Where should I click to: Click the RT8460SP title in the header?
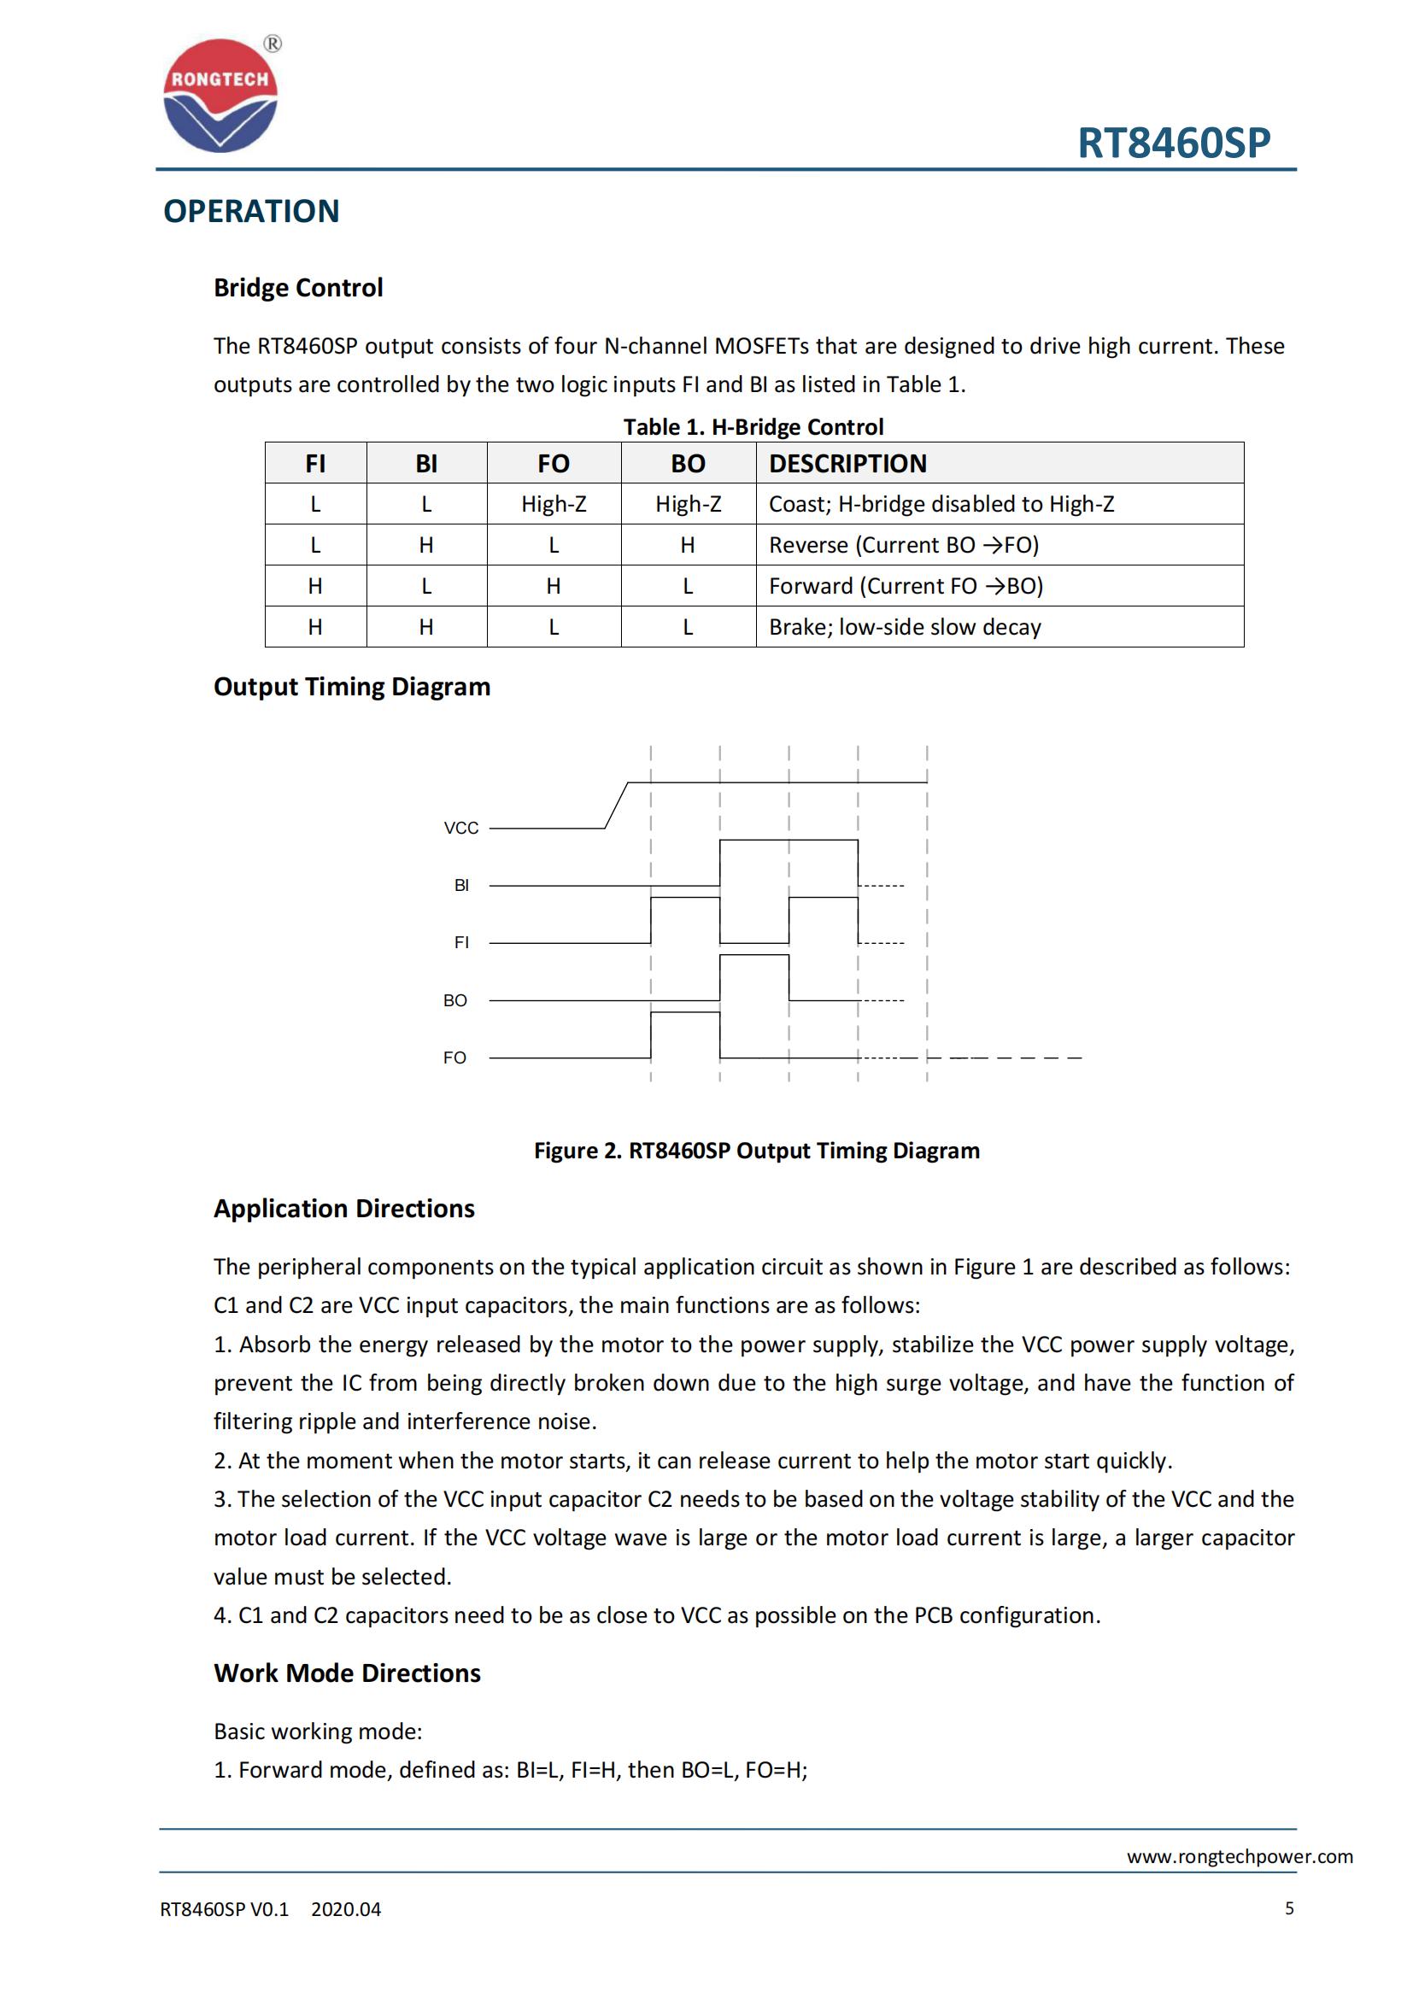tap(1173, 143)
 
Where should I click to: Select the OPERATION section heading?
tap(251, 212)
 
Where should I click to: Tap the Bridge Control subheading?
tap(297, 288)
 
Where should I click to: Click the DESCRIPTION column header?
tap(847, 464)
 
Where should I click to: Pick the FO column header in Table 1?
tap(554, 464)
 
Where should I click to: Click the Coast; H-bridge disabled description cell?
tap(941, 504)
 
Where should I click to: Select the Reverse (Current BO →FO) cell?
tap(903, 545)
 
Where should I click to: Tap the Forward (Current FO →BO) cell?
tap(905, 586)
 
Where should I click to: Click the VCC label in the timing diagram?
tap(461, 828)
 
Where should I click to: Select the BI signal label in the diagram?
tap(461, 885)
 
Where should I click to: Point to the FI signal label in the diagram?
tap(461, 942)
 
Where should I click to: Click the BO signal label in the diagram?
tap(455, 1001)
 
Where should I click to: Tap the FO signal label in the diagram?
tap(455, 1058)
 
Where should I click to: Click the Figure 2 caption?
tap(756, 1151)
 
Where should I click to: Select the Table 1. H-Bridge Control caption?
tap(753, 427)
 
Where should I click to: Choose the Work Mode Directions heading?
tap(347, 1673)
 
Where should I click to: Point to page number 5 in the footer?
tap(1288, 1908)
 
